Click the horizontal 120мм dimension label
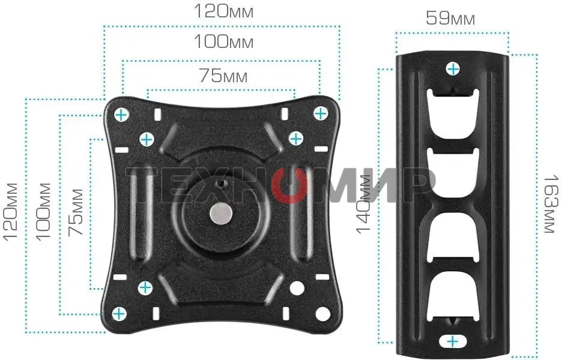pyautogui.click(x=223, y=11)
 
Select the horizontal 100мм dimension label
pyautogui.click(x=223, y=41)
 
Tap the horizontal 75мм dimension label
pyautogui.click(x=223, y=76)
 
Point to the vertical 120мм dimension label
pyautogui.click(x=10, y=211)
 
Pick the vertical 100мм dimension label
pyautogui.click(x=43, y=211)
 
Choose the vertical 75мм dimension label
pyautogui.click(x=76, y=212)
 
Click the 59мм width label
pyautogui.click(x=450, y=18)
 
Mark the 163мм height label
pyautogui.click(x=551, y=204)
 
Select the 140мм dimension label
pyautogui.click(x=363, y=204)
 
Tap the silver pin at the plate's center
pyautogui.click(x=221, y=214)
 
